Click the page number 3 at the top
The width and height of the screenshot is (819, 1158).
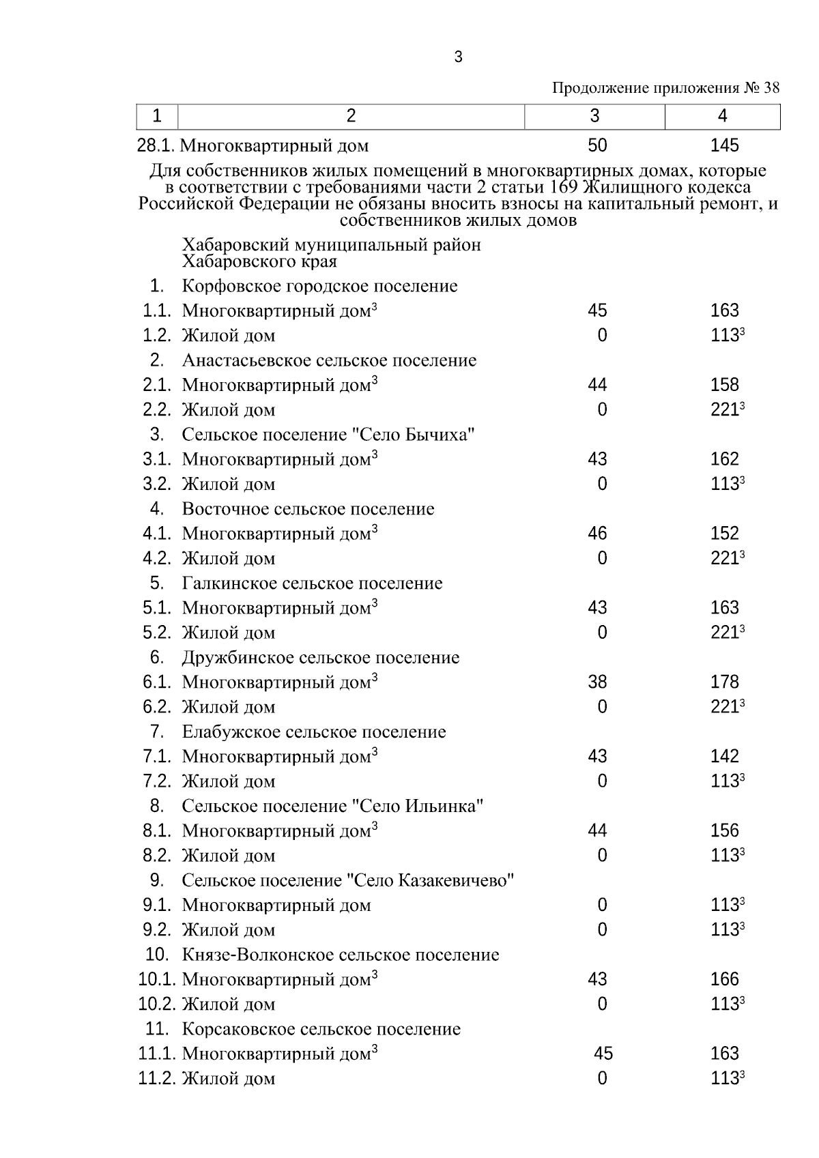pos(458,58)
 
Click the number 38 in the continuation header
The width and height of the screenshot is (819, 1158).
pos(771,88)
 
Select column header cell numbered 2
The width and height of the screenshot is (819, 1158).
pos(351,116)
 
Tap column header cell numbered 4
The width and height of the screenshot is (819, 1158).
pos(722,116)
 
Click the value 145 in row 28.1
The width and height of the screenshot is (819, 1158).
pos(724,145)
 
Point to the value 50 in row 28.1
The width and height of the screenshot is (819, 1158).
pos(597,145)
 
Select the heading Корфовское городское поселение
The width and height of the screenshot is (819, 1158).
pos(319,286)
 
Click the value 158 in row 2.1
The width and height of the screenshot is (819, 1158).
pos(724,385)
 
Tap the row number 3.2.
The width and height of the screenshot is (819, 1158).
pos(156,484)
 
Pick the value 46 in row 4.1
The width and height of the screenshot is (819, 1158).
pos(597,534)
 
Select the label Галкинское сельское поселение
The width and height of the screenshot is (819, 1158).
pos(312,583)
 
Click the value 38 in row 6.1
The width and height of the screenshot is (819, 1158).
pos(597,682)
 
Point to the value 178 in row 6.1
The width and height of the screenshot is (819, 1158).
pos(724,682)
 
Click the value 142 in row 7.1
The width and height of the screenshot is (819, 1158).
pos(724,756)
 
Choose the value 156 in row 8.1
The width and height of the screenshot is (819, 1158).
pos(724,830)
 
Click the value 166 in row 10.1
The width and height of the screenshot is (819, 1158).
pos(724,979)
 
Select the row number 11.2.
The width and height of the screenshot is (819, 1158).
pos(157,1079)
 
